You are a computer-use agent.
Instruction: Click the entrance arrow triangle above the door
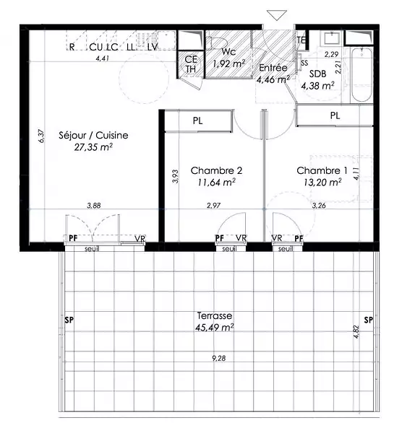pos(277,15)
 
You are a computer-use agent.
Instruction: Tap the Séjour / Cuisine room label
pos(93,136)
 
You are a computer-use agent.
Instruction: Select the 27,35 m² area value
pos(93,147)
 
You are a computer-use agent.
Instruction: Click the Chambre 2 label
pos(216,170)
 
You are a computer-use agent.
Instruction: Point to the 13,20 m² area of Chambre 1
pos(322,183)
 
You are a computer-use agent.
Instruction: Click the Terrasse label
pos(215,315)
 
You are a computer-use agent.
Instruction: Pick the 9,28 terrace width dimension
pos(219,358)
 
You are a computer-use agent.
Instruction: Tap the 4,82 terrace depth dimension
pos(356,332)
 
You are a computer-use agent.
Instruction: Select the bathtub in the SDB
pos(361,75)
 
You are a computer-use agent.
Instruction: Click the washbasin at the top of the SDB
pos(332,38)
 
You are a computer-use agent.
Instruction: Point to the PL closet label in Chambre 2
pos(197,121)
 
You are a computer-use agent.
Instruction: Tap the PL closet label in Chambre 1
pos(335,115)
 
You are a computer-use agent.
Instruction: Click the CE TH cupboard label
pos(191,64)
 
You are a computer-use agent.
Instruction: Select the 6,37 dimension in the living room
pos(41,136)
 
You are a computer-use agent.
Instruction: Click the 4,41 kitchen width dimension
pos(103,58)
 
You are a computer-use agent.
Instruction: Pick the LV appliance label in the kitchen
pos(153,47)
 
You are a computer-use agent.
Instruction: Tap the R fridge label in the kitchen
pos(72,47)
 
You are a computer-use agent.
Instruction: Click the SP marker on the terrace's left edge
pos(69,320)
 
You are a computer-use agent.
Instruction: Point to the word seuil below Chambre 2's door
pos(229,249)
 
